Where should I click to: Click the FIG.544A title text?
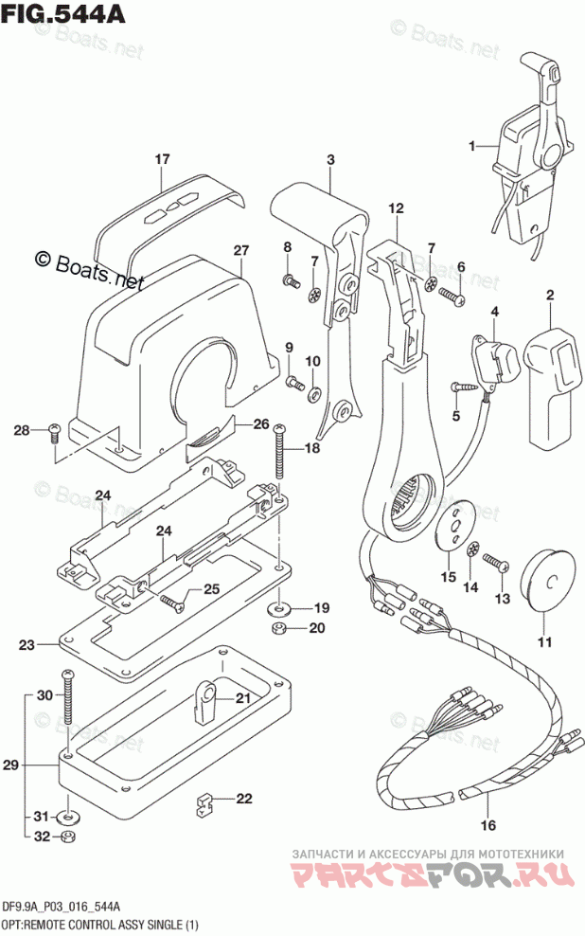[x=63, y=13]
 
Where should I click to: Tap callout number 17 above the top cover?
[x=162, y=159]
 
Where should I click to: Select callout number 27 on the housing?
[x=240, y=251]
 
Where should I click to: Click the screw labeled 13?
[x=496, y=563]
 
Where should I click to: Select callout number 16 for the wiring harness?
[x=488, y=825]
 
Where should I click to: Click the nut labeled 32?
[x=67, y=837]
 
